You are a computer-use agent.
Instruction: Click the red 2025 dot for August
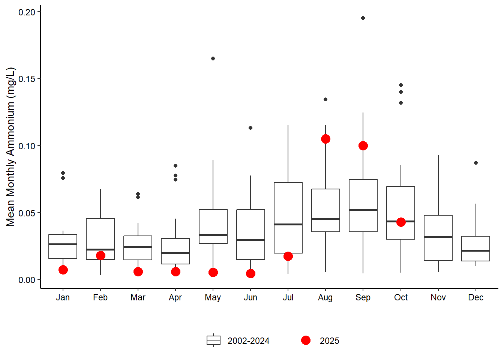point(325,139)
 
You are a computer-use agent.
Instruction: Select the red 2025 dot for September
point(363,146)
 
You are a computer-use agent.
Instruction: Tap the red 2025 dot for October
point(401,222)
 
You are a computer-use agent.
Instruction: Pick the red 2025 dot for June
point(250,274)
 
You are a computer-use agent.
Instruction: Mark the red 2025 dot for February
point(100,256)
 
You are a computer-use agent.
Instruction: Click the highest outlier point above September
point(363,18)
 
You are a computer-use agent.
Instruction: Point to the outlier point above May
point(213,58)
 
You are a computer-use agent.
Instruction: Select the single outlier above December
point(476,163)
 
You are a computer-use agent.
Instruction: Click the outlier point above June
point(250,128)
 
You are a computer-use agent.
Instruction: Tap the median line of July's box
point(288,224)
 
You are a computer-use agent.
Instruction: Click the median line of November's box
point(438,237)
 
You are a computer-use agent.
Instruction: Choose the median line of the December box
point(475,250)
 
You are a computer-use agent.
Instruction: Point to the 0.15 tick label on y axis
point(27,79)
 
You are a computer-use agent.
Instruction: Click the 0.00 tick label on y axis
point(27,280)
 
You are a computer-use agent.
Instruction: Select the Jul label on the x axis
point(288,298)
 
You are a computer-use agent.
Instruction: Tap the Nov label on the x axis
point(438,298)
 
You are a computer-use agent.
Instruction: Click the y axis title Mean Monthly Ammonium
point(10,147)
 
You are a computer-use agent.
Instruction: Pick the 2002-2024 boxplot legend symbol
point(213,340)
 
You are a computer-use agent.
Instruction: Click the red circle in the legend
point(306,340)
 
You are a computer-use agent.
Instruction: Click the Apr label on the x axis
point(175,298)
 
